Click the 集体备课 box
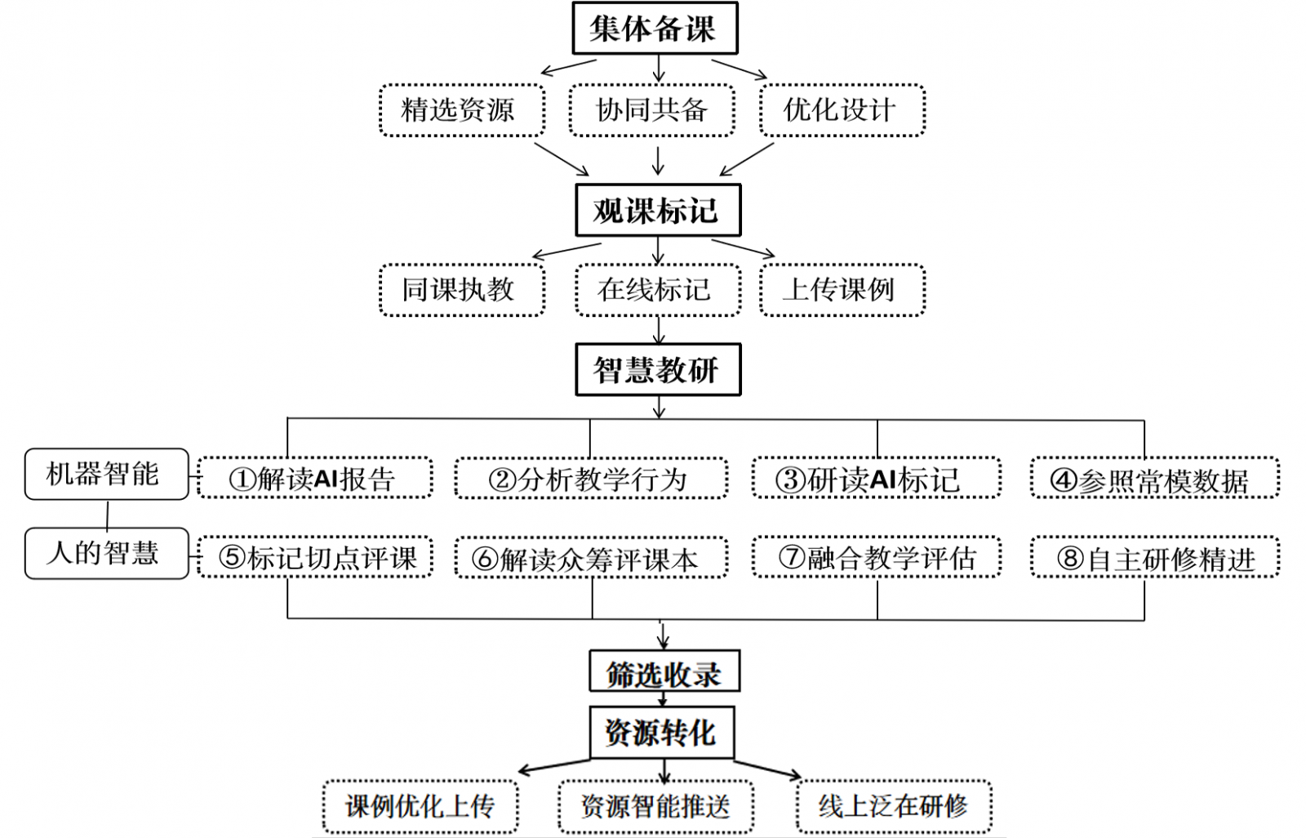click(655, 29)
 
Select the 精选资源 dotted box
click(461, 110)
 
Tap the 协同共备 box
click(651, 110)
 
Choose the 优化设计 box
click(842, 110)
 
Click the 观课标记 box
click(657, 211)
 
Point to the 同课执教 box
click(461, 290)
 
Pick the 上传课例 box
click(842, 290)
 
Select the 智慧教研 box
click(657, 370)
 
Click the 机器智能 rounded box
click(106, 474)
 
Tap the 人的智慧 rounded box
click(106, 553)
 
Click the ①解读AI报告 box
click(314, 479)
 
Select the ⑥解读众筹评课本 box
click(590, 559)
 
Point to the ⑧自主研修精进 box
click(1154, 559)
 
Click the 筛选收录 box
click(664, 672)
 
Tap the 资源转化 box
click(661, 732)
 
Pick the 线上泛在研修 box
click(894, 807)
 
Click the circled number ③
click(790, 479)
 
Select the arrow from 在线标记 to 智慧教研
click(658, 330)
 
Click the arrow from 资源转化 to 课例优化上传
click(555, 765)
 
